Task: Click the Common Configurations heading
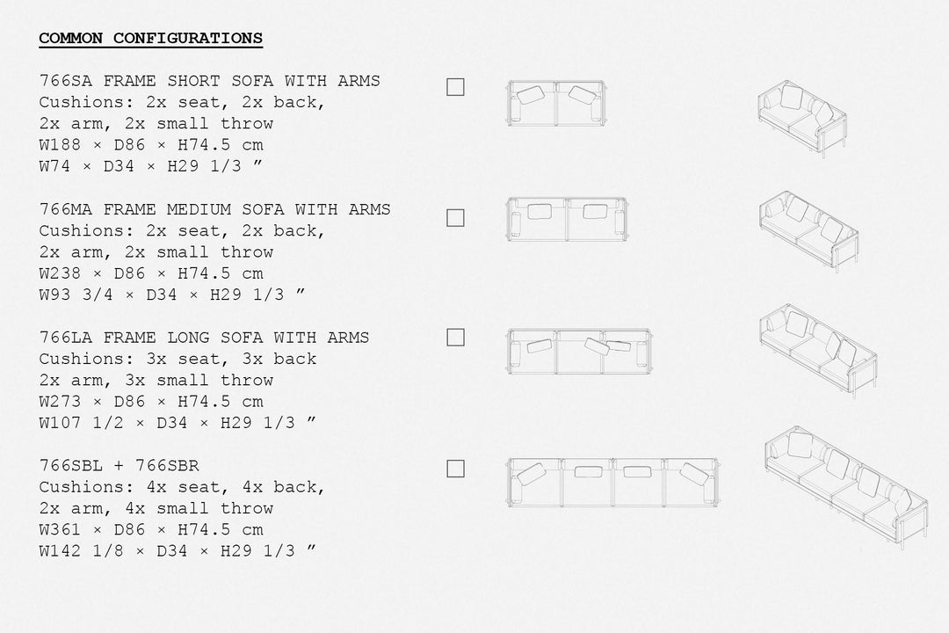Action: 151,38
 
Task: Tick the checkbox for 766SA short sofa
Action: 455,87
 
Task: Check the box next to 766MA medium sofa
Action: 455,218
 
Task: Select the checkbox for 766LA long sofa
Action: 455,338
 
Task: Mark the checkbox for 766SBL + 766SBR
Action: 455,469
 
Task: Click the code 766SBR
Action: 167,466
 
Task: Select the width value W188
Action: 61,145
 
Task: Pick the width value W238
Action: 61,273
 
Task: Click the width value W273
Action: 61,402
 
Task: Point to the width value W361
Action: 61,530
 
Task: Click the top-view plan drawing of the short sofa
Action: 556,103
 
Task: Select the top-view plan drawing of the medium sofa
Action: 568,219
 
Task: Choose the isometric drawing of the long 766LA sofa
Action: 818,351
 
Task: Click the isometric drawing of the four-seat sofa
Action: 846,488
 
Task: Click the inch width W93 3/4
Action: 76,295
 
